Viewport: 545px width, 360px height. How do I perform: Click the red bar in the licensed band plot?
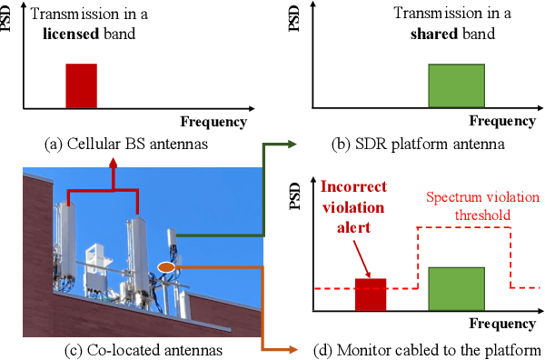point(80,85)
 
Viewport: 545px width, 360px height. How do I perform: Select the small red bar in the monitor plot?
point(371,295)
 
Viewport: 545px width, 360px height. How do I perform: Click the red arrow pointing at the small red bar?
point(362,260)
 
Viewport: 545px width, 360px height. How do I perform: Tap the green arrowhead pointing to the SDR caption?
point(292,144)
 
